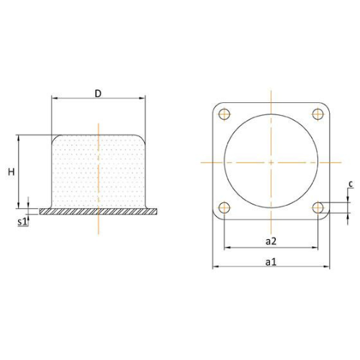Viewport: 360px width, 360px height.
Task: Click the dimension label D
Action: [x=98, y=93]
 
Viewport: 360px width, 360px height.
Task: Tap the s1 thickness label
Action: [x=22, y=221]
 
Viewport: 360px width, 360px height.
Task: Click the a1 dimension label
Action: [x=271, y=261]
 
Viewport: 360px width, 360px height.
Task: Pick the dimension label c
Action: [x=350, y=184]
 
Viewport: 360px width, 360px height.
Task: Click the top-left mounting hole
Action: [x=224, y=114]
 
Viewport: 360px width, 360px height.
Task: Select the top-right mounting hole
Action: [x=318, y=114]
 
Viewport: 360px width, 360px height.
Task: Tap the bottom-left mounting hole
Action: [x=224, y=208]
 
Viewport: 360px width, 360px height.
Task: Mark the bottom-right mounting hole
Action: [x=318, y=208]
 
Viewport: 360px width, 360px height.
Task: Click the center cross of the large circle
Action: [x=271, y=161]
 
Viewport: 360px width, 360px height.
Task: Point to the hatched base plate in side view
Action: [x=98, y=212]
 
